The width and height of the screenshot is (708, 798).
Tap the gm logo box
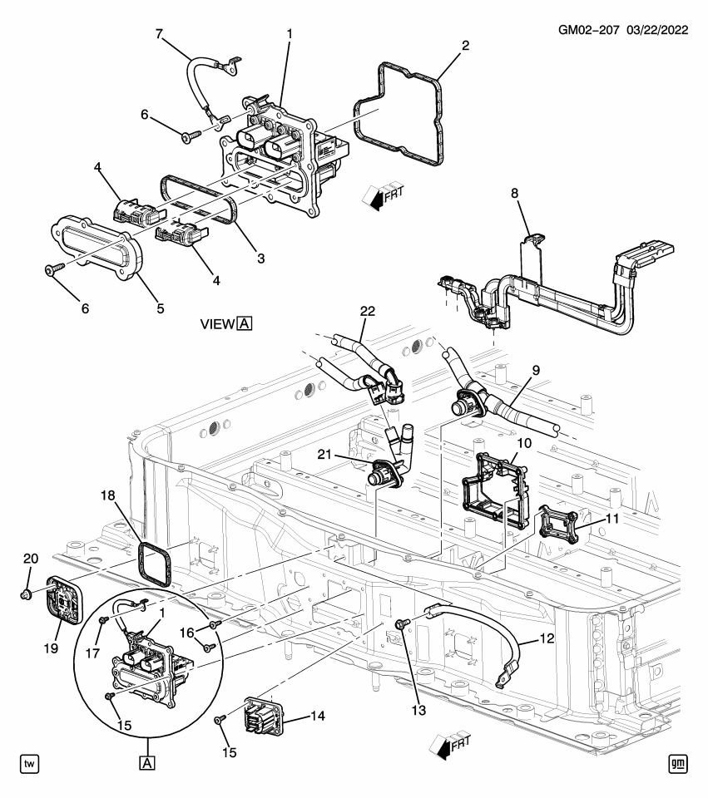[x=679, y=762]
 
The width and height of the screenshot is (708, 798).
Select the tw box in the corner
[x=29, y=762]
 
